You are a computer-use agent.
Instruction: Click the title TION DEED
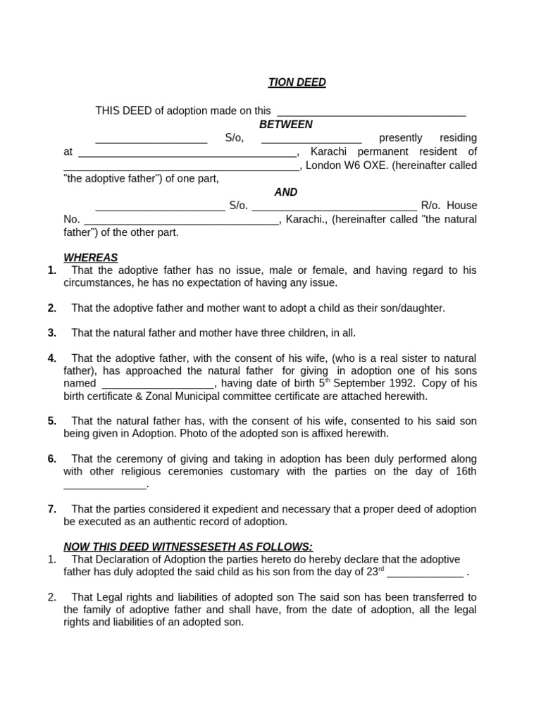(297, 82)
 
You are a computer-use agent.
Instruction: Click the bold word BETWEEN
(285, 124)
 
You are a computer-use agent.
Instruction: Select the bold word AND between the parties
(285, 192)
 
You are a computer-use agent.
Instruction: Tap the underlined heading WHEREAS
(91, 258)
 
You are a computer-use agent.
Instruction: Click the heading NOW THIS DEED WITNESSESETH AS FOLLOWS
(188, 546)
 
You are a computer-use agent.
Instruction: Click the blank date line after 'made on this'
(371, 111)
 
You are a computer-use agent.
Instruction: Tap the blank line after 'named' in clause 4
(157, 384)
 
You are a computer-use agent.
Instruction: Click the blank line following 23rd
(425, 572)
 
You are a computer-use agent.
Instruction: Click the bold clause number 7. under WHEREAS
(52, 509)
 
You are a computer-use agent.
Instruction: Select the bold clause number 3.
(52, 333)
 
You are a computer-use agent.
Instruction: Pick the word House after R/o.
(461, 206)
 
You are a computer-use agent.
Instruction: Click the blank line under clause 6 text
(105, 484)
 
